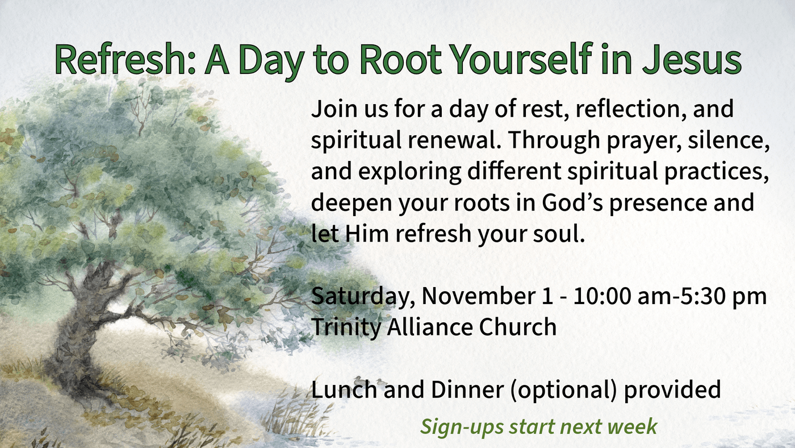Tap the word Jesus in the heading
coord(692,59)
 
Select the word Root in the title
coord(400,59)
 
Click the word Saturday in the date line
coord(361,297)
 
